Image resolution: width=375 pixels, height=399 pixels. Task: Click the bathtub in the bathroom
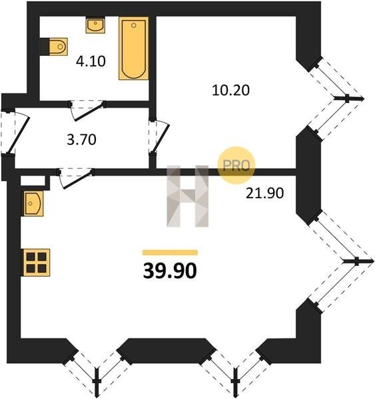point(134,49)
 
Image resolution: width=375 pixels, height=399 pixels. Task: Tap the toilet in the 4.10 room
point(58,47)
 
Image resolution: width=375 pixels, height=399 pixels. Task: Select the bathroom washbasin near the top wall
point(95,25)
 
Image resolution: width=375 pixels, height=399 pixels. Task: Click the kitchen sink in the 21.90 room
point(34,203)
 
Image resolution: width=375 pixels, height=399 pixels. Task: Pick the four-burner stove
point(37,263)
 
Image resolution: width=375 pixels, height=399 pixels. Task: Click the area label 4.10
point(91,62)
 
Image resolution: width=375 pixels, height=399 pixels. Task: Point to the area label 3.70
point(81,140)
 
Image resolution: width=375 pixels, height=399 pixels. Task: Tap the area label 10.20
point(230,90)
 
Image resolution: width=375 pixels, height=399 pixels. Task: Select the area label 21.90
point(264,193)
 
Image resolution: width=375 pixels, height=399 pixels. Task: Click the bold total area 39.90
point(170,271)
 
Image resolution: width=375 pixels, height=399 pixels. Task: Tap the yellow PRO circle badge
point(236,166)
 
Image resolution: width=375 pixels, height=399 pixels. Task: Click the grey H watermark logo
point(188,196)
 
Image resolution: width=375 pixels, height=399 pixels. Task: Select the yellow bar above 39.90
point(170,253)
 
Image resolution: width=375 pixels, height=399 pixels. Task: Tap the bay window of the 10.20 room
point(336,98)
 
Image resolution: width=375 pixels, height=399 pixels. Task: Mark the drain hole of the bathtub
point(134,25)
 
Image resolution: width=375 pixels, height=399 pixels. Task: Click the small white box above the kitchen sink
point(33,180)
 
